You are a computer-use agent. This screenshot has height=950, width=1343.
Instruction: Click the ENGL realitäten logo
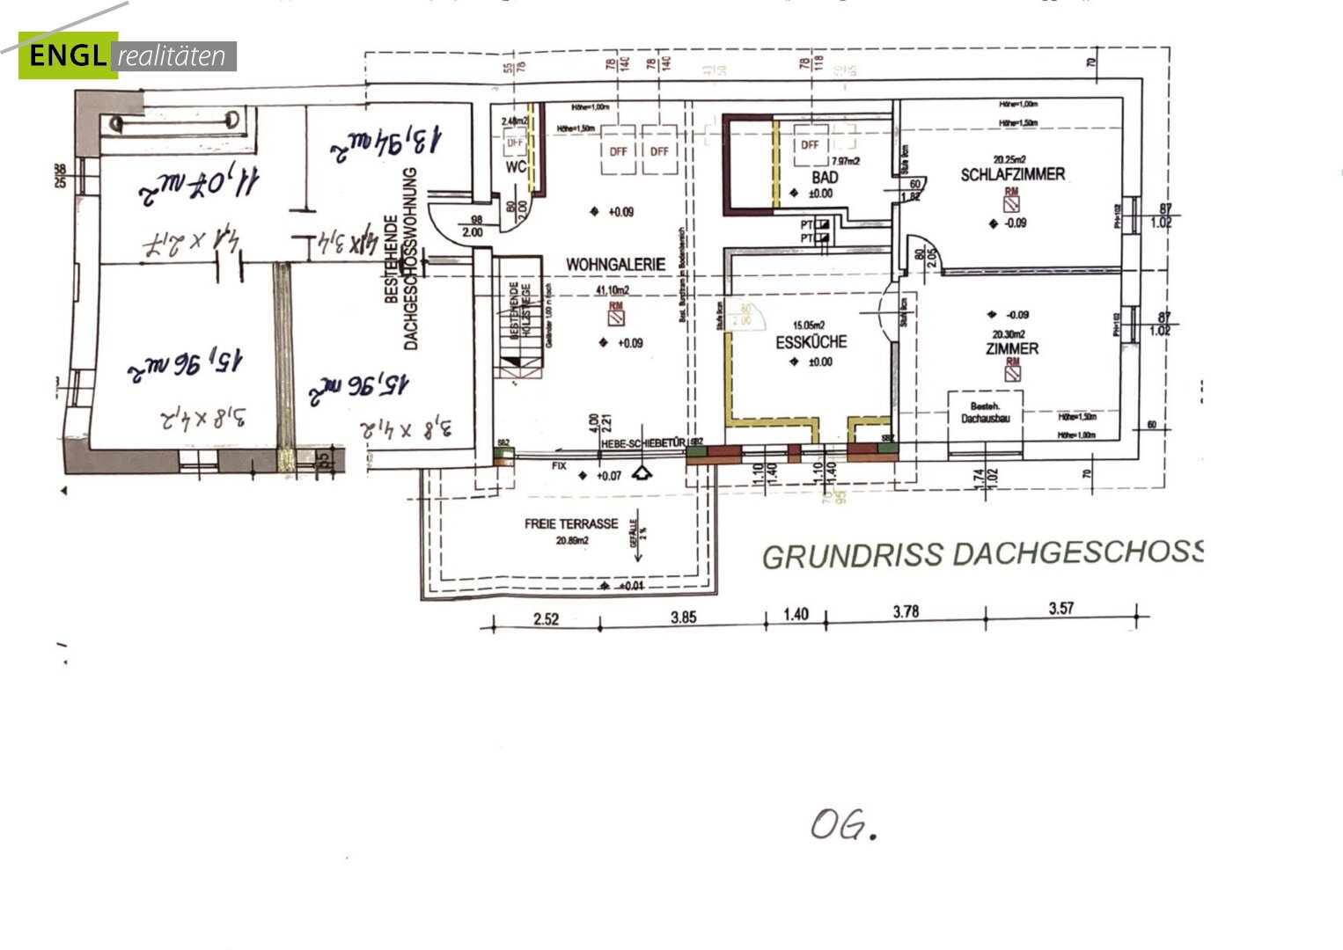coord(128,55)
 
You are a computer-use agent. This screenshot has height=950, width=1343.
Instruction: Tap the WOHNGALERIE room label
coord(615,264)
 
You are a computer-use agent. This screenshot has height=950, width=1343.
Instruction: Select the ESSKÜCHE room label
coord(811,342)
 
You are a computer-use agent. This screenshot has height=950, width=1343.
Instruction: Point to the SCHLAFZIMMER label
coord(1012,175)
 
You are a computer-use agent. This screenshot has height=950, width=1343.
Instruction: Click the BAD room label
coord(825,178)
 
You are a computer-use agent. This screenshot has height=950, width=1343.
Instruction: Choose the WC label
coord(515,166)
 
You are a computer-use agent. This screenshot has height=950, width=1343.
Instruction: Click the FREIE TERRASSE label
coord(571,524)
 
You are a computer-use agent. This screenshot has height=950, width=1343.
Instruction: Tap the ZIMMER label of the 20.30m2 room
coord(1011,349)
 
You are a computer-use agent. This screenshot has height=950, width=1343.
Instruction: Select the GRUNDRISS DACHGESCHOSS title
coord(981,554)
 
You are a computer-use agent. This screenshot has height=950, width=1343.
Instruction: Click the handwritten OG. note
coord(843,825)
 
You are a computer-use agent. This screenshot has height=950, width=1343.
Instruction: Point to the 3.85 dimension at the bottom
coord(683,617)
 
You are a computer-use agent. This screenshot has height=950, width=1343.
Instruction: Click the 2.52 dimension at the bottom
coord(546,618)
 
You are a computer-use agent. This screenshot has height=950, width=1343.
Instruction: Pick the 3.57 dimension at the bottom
coord(1060,609)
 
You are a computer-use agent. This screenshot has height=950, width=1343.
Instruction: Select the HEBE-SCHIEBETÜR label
coord(642,444)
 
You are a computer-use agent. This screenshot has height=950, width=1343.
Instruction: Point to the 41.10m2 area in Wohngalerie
coord(613,290)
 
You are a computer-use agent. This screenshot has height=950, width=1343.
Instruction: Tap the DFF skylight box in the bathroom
coord(809,145)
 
